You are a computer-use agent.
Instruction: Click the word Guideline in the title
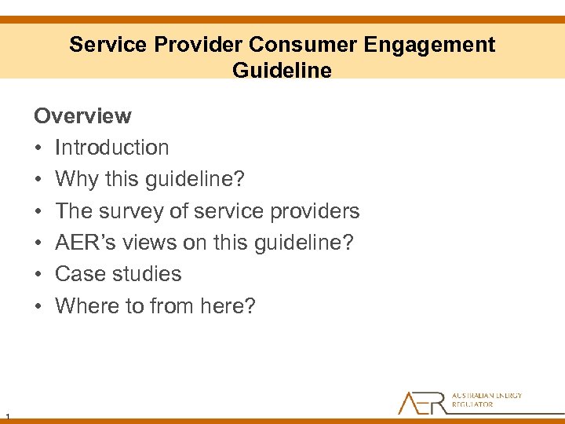pyautogui.click(x=282, y=70)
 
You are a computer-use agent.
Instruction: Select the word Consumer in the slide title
pyautogui.click(x=302, y=45)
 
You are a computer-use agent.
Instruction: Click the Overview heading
pyautogui.click(x=82, y=116)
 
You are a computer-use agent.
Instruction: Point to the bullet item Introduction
pyautogui.click(x=111, y=148)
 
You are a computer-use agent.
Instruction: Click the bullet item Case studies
pyautogui.click(x=118, y=274)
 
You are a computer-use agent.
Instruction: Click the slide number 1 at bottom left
pyautogui.click(x=6, y=415)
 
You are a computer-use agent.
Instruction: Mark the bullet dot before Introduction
pyautogui.click(x=38, y=148)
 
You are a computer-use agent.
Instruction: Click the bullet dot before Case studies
pyautogui.click(x=38, y=275)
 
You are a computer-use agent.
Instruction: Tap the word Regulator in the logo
pyautogui.click(x=472, y=405)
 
